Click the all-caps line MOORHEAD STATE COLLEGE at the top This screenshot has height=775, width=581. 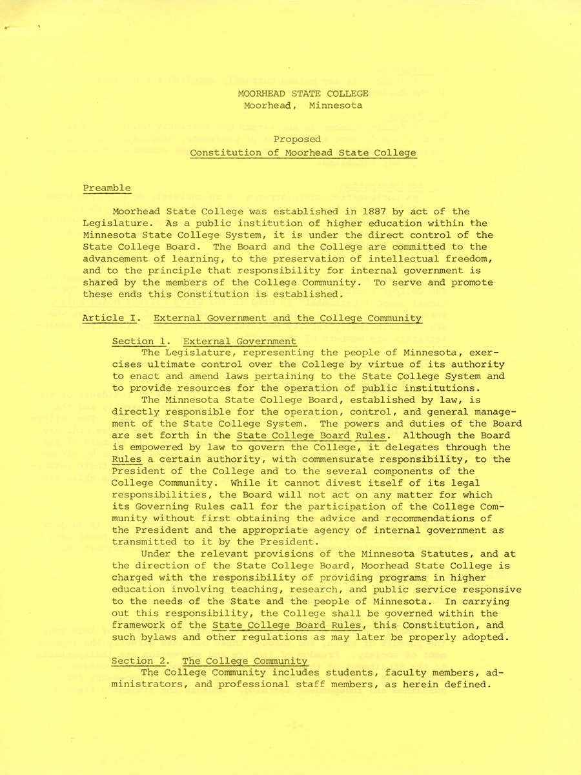pos(303,94)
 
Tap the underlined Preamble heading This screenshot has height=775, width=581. pos(107,188)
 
